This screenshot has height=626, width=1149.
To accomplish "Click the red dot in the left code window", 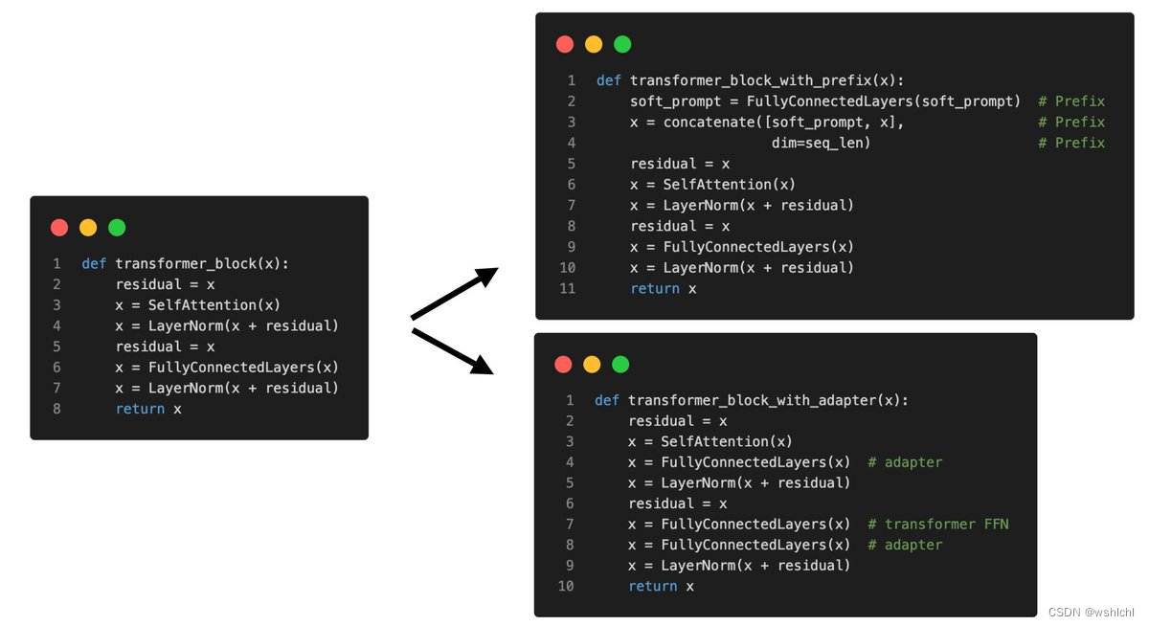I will pos(59,228).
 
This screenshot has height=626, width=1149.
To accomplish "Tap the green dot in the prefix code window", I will pos(622,44).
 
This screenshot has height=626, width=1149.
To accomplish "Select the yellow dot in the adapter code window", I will pos(592,365).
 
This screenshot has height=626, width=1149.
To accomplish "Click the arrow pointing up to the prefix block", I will pos(456,293).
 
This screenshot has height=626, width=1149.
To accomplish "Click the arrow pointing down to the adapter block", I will pos(452,350).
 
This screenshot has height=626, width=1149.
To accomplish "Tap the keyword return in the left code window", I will pos(140,409).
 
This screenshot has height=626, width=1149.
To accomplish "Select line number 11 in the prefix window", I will pos(567,288).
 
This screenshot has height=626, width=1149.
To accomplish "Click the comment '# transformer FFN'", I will pos(938,524).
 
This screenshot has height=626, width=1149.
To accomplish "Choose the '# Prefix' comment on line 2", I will pos(1071,101).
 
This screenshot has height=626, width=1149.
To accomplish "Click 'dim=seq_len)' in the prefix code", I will pos(821,143).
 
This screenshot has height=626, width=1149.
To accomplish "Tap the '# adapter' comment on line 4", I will pos(905,462).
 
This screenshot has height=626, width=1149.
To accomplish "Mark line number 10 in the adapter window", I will pos(565,586).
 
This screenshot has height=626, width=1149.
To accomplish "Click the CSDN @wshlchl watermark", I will pos(1091,613).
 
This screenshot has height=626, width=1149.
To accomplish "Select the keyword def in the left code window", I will pos(94,263).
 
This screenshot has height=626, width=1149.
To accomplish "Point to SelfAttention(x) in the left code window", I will pos(214,305).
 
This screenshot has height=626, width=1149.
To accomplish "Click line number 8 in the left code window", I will pos(56,409).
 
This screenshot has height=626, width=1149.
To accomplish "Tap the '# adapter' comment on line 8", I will pos(905,545).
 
